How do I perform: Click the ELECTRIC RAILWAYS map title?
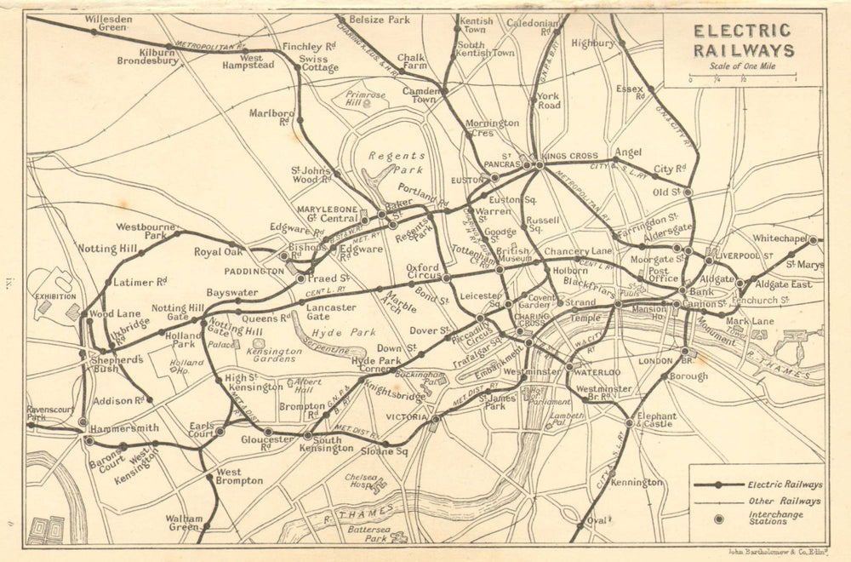tap(744, 40)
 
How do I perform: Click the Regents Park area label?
tap(397, 163)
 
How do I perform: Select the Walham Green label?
tap(184, 523)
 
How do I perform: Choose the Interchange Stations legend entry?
tap(773, 520)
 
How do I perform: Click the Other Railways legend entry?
tap(785, 502)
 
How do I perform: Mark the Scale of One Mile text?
tap(743, 68)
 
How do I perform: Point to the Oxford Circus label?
tap(422, 272)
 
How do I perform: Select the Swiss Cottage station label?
tap(318, 64)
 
